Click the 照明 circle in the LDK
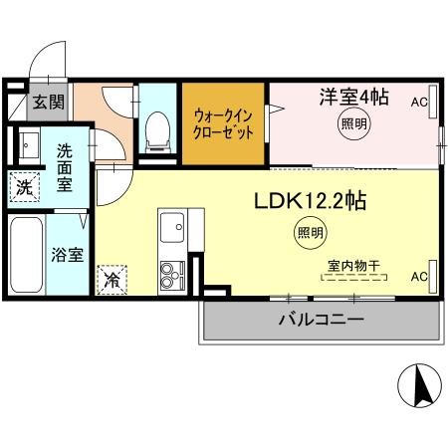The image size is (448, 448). pyautogui.click(x=310, y=234)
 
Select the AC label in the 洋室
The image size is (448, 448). pyautogui.click(x=419, y=102)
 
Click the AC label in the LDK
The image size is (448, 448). pyautogui.click(x=419, y=276)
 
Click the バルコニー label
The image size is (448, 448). pyautogui.click(x=320, y=320)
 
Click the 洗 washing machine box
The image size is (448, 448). pyautogui.click(x=22, y=184)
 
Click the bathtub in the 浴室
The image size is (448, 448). pyautogui.click(x=26, y=253)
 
